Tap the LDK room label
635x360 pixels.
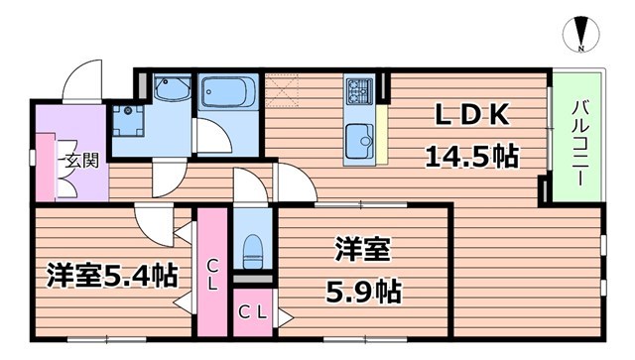pyautogui.click(x=471, y=117)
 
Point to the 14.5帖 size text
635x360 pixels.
pyautogui.click(x=472, y=155)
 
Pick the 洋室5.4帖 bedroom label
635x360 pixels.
pyautogui.click(x=110, y=275)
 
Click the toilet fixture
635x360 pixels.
pyautogui.click(x=251, y=247)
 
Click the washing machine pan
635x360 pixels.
pyautogui.click(x=128, y=121)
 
